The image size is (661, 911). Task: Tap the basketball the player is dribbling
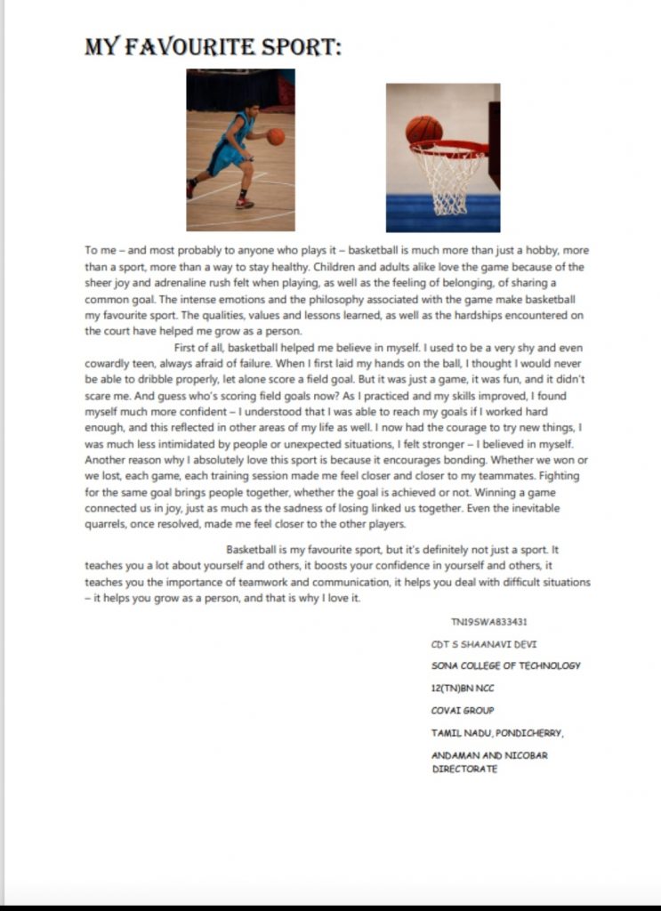276,136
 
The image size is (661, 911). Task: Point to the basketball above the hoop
423,131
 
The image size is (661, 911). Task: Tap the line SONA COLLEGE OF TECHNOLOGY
505,665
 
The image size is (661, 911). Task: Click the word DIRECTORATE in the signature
464,768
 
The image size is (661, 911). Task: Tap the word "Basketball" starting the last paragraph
255,549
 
